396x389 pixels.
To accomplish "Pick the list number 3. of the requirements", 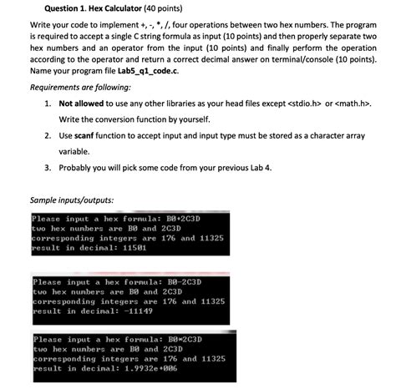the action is (48, 167).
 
